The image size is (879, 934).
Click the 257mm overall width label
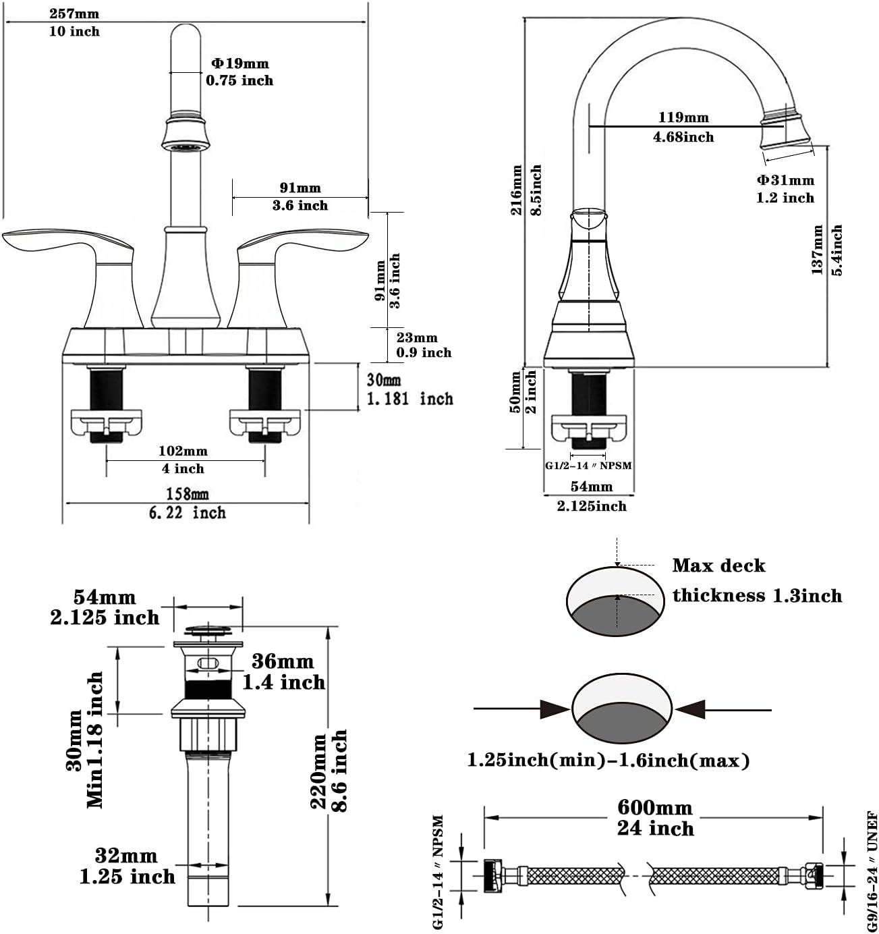pos(74,13)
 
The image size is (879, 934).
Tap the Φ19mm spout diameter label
pos(239,63)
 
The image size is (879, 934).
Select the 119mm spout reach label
pos(683,117)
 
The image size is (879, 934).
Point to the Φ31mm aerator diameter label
pos(785,180)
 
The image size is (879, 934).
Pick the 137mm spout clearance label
pos(818,250)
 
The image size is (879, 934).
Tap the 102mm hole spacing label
pos(183,451)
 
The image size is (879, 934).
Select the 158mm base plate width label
pos(187,495)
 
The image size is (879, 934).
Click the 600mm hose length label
pos(655,808)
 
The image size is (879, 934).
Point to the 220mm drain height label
pos(318,770)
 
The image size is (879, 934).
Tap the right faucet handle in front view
pos(304,243)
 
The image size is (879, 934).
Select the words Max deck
pos(718,566)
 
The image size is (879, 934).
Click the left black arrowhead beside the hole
pos(556,709)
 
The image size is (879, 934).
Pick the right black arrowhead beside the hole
pos(689,709)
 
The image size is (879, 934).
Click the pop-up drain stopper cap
pos(208,632)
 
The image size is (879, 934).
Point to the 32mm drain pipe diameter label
pos(126,856)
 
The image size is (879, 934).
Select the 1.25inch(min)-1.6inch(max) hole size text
pos(608,761)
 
